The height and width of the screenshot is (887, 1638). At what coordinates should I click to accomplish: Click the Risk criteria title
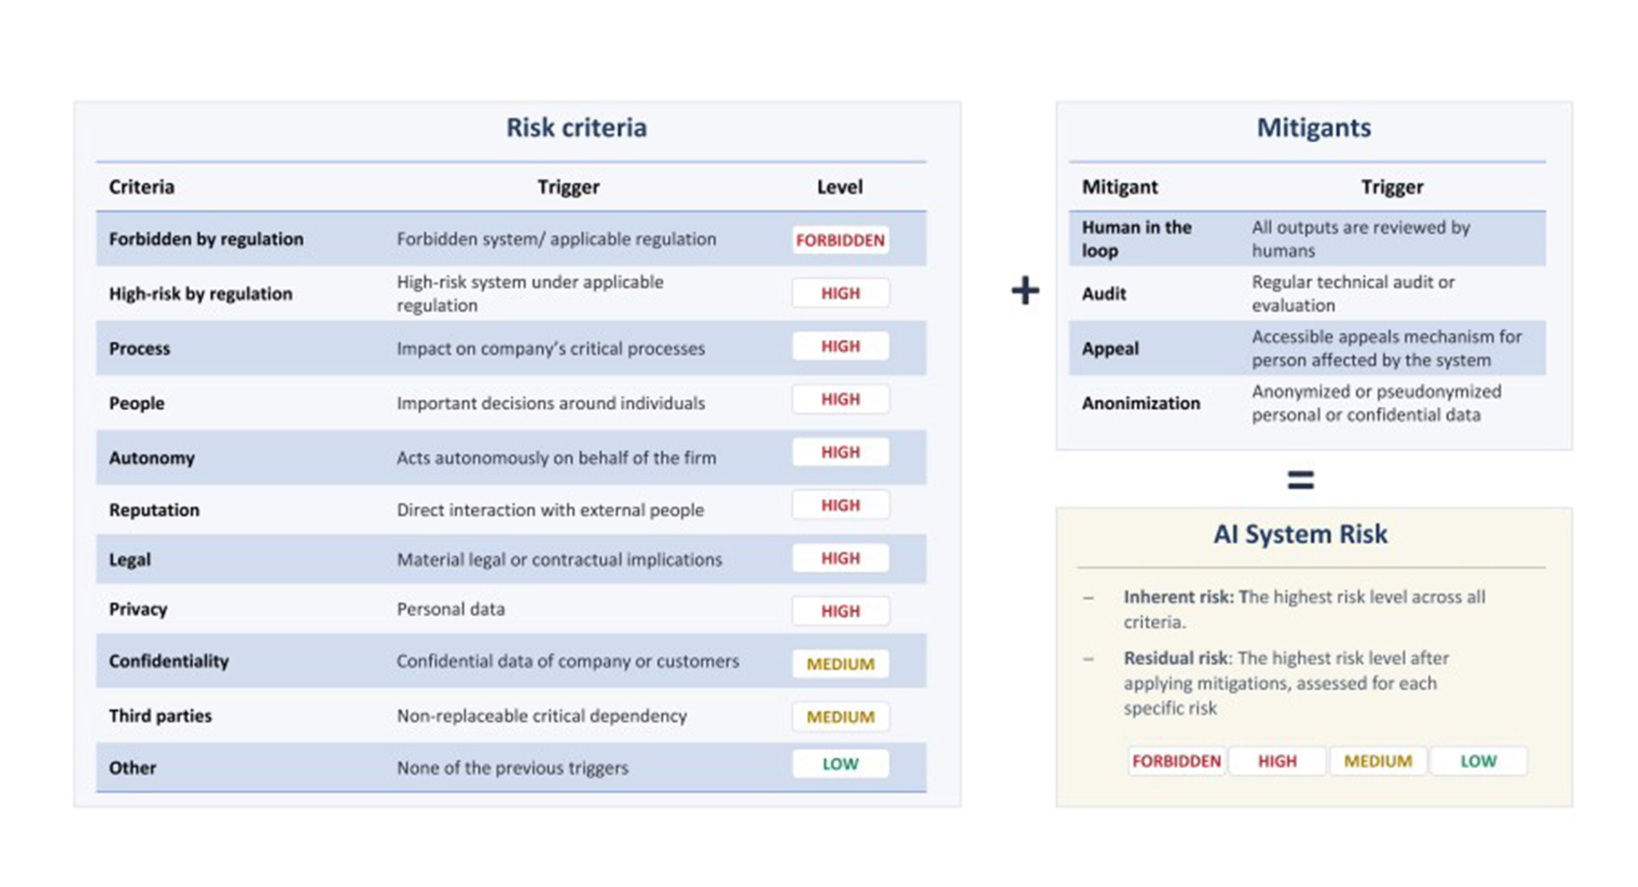click(x=576, y=128)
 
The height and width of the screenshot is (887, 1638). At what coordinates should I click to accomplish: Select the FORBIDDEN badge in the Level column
click(x=840, y=240)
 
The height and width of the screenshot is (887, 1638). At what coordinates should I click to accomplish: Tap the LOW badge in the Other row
click(x=840, y=764)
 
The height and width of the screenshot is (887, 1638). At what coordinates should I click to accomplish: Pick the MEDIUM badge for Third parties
click(x=840, y=717)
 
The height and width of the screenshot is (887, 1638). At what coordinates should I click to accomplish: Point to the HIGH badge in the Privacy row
click(x=840, y=611)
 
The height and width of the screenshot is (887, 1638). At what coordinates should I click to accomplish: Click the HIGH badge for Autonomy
click(x=840, y=452)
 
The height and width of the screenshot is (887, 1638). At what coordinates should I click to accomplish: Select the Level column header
click(x=839, y=187)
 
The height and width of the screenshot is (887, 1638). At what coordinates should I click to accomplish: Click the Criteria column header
click(x=141, y=187)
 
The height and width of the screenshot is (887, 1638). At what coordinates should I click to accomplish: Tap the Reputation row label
click(x=154, y=510)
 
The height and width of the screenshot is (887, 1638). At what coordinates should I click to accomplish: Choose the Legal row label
click(x=130, y=560)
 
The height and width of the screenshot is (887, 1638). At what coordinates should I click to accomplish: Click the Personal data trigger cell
click(x=451, y=609)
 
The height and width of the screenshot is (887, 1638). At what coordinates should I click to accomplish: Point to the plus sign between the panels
click(x=1025, y=291)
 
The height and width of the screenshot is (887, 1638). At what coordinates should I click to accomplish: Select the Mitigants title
click(x=1314, y=128)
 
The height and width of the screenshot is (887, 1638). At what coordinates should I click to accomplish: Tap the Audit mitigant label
click(x=1104, y=294)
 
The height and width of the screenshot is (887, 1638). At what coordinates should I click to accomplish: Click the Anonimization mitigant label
click(x=1141, y=403)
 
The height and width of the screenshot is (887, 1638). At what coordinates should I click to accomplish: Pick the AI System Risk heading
click(x=1300, y=534)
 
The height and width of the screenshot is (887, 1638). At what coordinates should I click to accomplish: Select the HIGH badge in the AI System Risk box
click(x=1277, y=761)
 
